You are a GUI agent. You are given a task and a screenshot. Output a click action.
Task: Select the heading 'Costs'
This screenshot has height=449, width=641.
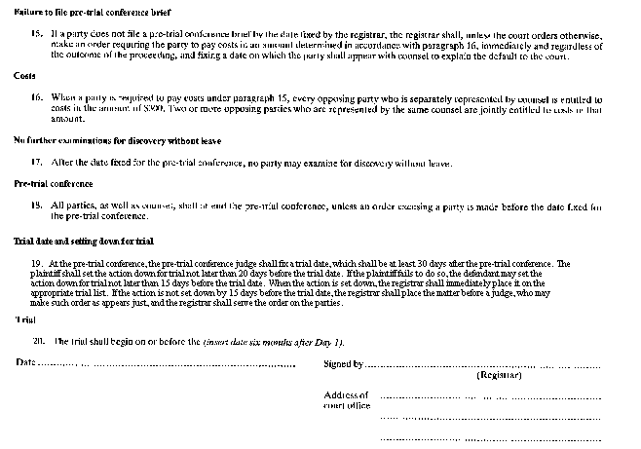tap(24, 75)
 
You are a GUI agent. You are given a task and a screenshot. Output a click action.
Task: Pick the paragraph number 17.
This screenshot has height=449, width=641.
tap(37, 162)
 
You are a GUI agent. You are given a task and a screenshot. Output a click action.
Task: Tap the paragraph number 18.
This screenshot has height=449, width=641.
tap(37, 206)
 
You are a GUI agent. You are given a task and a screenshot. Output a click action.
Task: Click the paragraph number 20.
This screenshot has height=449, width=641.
tap(39, 341)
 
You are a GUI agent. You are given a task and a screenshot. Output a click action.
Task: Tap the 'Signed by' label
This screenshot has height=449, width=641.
tap(343, 364)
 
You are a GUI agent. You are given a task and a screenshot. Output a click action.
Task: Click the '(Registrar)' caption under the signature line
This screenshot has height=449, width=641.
tap(498, 376)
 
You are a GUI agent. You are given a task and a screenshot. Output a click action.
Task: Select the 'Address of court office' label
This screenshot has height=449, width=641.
tap(346, 400)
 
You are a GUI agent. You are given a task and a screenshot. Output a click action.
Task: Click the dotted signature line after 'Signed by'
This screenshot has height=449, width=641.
tap(482, 366)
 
